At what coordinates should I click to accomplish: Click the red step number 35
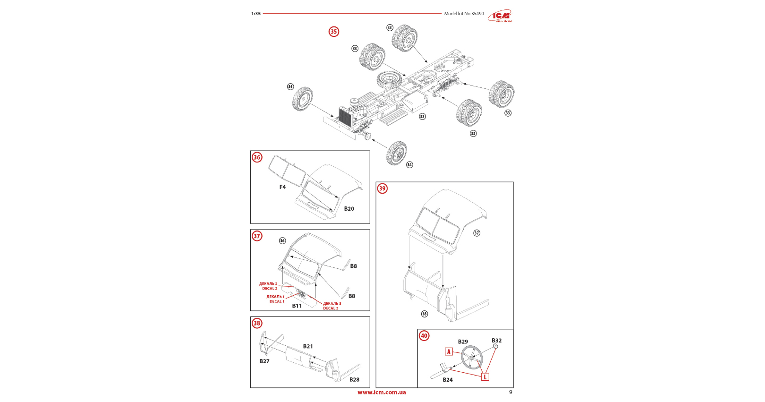tap(334, 32)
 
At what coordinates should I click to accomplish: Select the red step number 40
tap(424, 336)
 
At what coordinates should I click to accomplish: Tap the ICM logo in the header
tap(500, 16)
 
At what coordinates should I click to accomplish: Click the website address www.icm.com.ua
tap(382, 392)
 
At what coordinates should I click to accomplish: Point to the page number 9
tap(510, 392)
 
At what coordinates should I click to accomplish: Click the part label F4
tap(282, 187)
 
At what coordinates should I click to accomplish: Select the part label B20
tap(349, 209)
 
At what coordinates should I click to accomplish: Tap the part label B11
tap(297, 306)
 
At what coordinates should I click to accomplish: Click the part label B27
tap(264, 361)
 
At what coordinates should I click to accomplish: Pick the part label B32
tap(496, 341)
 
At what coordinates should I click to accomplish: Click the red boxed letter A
tap(449, 351)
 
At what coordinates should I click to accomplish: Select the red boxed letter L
tap(484, 377)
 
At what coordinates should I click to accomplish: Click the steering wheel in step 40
tap(471, 357)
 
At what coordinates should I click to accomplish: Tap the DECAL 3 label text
tap(331, 308)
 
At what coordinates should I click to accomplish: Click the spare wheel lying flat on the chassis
tap(390, 79)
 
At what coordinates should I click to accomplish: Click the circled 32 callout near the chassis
tap(422, 117)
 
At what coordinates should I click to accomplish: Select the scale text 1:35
tap(256, 14)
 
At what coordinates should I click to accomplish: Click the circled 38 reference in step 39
tap(424, 314)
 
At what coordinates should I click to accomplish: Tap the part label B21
tap(308, 346)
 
